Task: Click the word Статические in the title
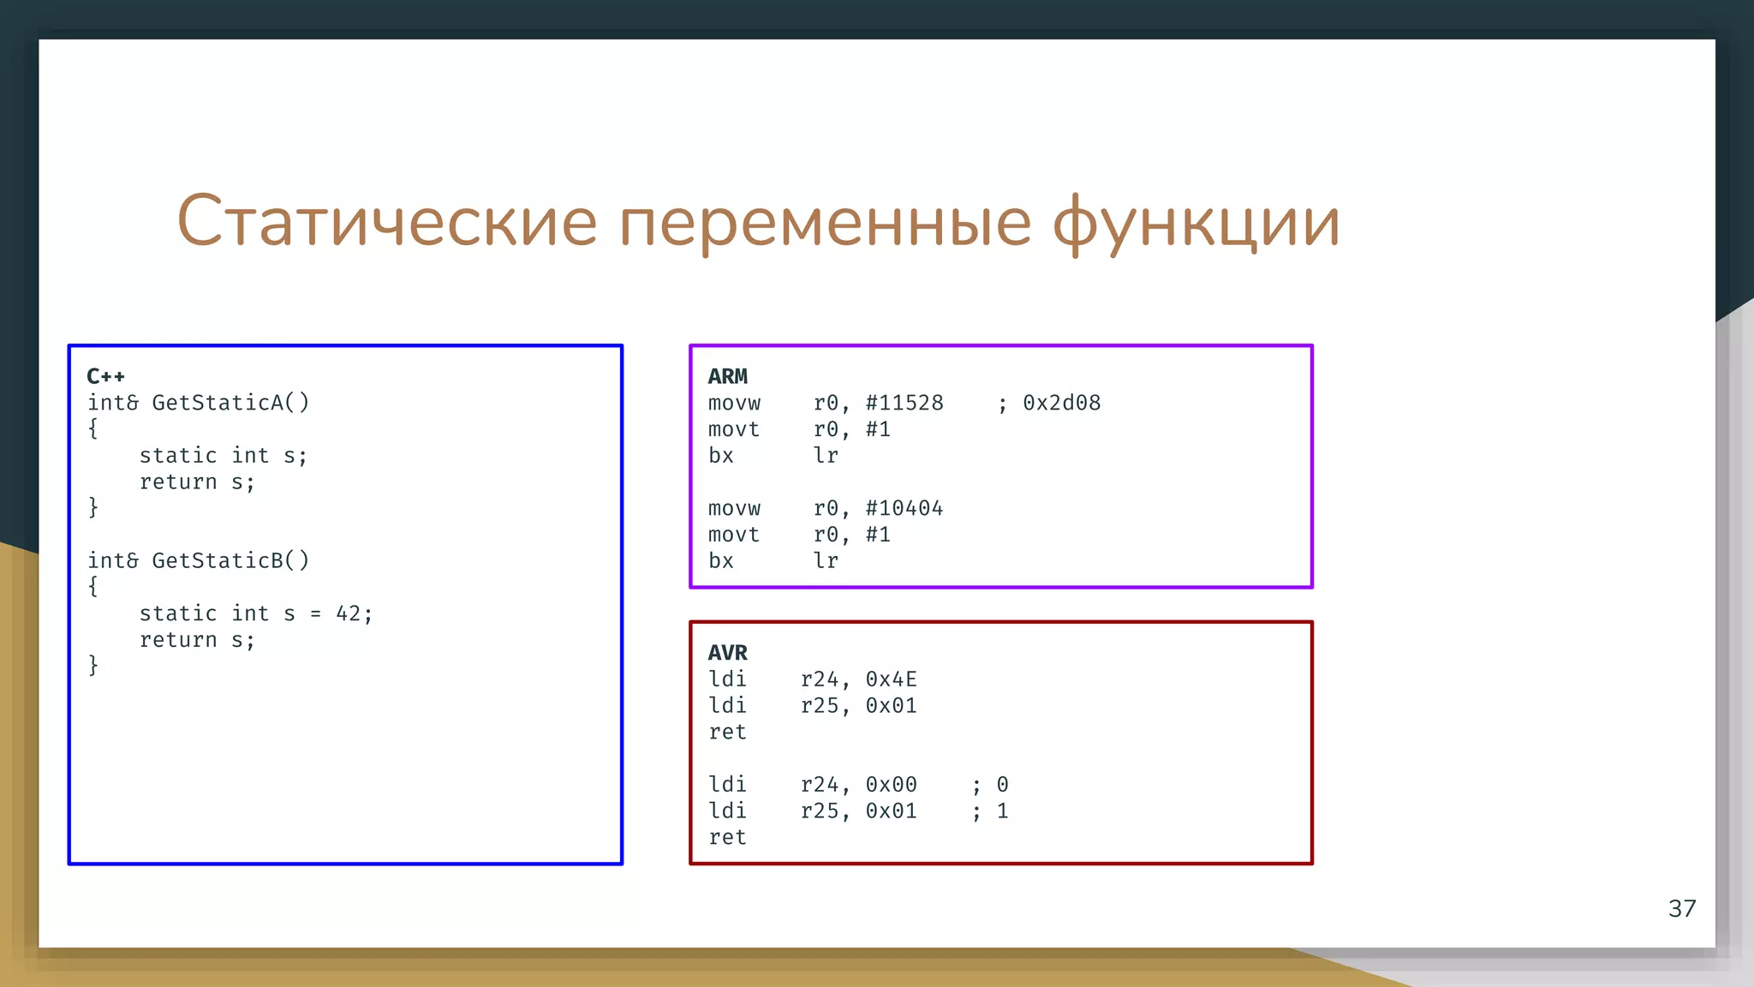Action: click(x=386, y=221)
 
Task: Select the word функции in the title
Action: click(x=1196, y=221)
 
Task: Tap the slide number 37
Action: click(x=1681, y=908)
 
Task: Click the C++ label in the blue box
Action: click(x=105, y=376)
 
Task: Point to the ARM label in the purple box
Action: click(x=727, y=376)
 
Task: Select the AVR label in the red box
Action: click(x=727, y=653)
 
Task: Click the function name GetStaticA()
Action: click(x=230, y=403)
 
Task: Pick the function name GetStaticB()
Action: click(x=230, y=560)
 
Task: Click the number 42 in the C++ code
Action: click(x=349, y=613)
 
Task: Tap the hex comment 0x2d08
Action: click(x=1061, y=403)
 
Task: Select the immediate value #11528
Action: click(x=904, y=403)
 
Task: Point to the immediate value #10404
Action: click(x=904, y=508)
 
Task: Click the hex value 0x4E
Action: click(x=891, y=679)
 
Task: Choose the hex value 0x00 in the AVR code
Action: click(x=891, y=785)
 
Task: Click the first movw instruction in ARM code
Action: click(x=734, y=403)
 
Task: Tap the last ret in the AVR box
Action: click(x=727, y=837)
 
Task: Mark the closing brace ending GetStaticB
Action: click(x=93, y=666)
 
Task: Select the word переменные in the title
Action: click(x=825, y=221)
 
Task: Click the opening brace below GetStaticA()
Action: click(x=93, y=428)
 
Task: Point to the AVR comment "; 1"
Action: click(x=990, y=811)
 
